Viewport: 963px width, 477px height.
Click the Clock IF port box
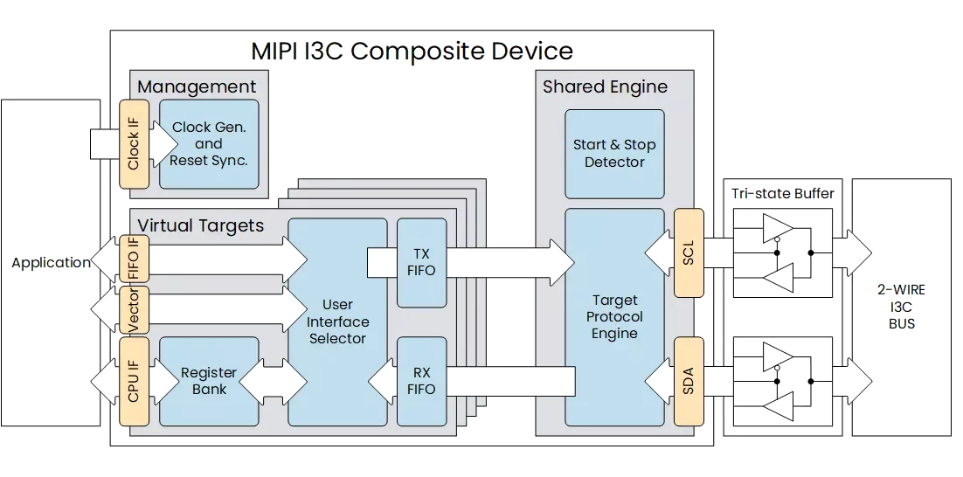(x=134, y=143)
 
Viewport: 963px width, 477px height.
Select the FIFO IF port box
(x=134, y=258)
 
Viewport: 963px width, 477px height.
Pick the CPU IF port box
(x=134, y=381)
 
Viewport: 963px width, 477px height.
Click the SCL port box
(x=689, y=252)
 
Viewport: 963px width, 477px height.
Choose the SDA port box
(x=689, y=381)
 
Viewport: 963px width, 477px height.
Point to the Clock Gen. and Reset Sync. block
(x=209, y=144)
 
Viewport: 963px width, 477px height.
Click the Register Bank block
(x=209, y=381)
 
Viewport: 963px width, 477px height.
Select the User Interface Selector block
(x=338, y=321)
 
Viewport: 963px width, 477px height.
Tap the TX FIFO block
(x=422, y=263)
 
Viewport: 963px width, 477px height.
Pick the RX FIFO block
(x=422, y=381)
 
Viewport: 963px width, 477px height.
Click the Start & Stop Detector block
(x=614, y=154)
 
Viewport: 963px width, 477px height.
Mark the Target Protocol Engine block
(x=614, y=317)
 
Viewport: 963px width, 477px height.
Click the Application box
(x=51, y=263)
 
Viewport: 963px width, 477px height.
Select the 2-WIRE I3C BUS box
(x=902, y=307)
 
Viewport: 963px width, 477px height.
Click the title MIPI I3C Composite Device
(x=412, y=51)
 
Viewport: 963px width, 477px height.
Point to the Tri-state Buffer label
(x=783, y=194)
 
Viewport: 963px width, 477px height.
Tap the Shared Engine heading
(x=605, y=86)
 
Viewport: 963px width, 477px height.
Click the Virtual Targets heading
(x=201, y=225)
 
